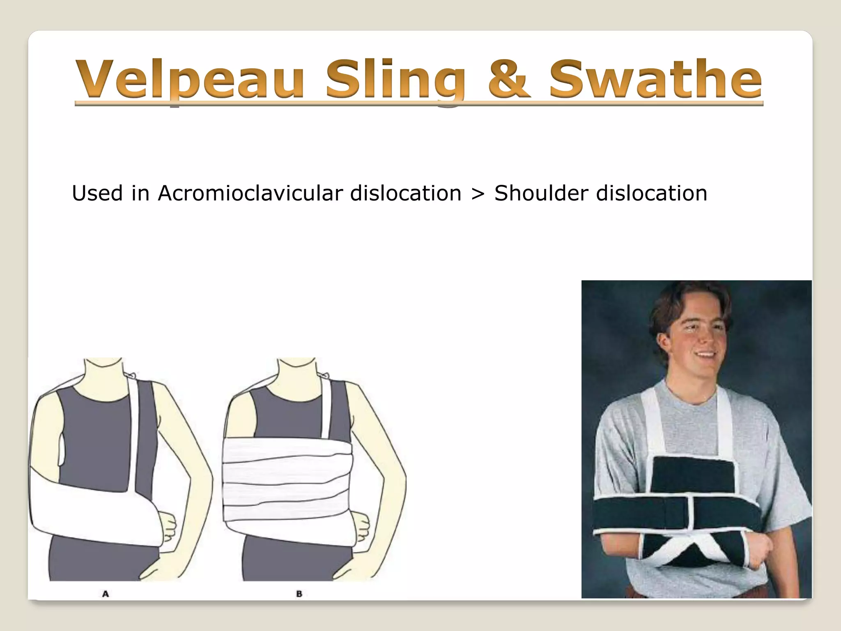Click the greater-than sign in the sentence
point(478,194)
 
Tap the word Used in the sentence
point(97,193)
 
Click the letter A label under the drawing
point(106,594)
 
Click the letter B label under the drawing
point(299,594)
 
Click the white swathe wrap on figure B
point(287,485)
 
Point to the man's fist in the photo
point(760,553)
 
